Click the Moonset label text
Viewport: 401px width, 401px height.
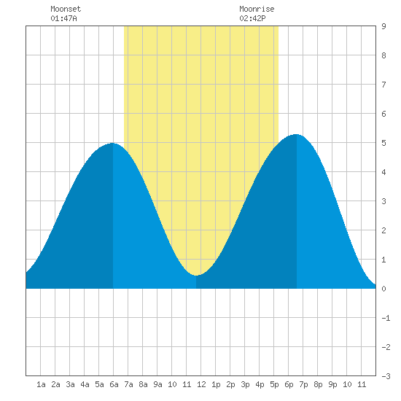click(66, 9)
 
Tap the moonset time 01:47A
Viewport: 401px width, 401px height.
click(63, 18)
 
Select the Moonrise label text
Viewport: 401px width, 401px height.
click(257, 9)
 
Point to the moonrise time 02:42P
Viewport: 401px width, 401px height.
click(252, 18)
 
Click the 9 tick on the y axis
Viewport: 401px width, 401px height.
click(384, 26)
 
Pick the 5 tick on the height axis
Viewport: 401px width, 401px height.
click(384, 143)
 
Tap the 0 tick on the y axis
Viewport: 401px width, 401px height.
click(384, 289)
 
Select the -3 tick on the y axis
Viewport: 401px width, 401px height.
click(386, 376)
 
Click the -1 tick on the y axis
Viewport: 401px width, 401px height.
click(386, 318)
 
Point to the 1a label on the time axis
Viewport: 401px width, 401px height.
click(41, 384)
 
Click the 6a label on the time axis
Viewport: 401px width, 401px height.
click(114, 384)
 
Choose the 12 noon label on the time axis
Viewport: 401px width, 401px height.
click(201, 384)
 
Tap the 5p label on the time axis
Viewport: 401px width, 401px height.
click(274, 384)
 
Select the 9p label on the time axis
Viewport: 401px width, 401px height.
click(332, 384)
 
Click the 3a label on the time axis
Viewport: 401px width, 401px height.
click(70, 384)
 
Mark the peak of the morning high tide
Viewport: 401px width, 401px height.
click(113, 143)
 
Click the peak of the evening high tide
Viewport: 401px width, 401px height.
click(296, 134)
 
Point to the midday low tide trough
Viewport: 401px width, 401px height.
click(196, 276)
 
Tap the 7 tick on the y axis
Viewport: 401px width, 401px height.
click(384, 85)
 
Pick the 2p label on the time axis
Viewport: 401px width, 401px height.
click(230, 384)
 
